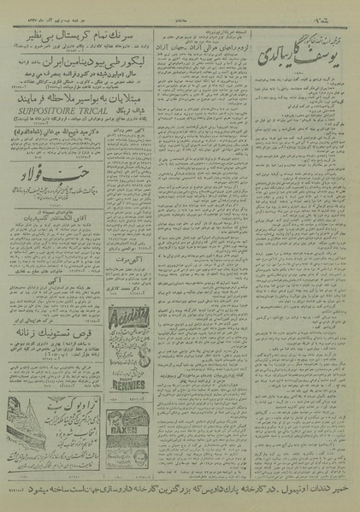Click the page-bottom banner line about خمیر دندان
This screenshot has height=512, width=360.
pos(180,493)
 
